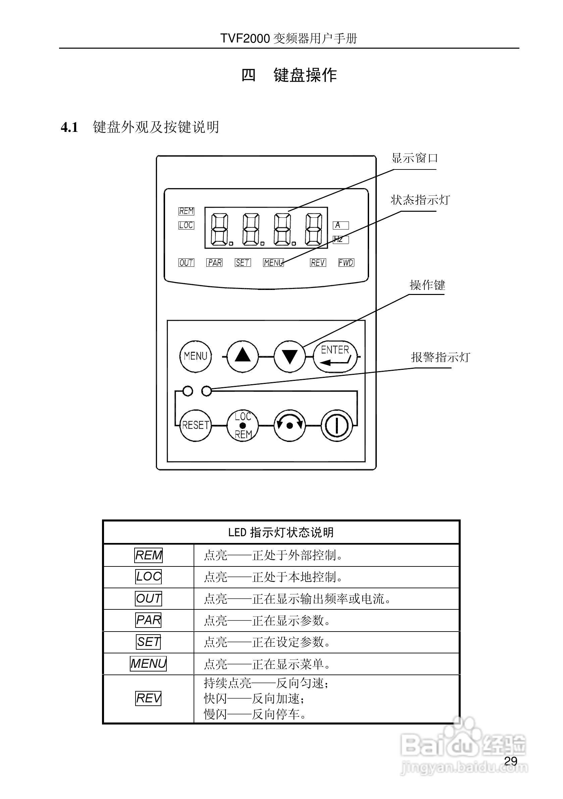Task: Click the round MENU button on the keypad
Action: tap(195, 356)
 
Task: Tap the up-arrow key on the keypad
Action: tap(243, 356)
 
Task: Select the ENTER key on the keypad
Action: tap(335, 356)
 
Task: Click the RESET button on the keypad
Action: tap(195, 425)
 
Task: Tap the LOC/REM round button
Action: tap(243, 425)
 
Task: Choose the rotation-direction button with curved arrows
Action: tap(290, 425)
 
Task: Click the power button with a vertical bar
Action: tap(337, 425)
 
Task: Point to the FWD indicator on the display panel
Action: tap(346, 263)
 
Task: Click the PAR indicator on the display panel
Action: tap(214, 263)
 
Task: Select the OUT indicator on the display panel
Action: tap(186, 263)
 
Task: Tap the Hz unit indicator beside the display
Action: tap(340, 239)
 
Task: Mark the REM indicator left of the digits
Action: tap(186, 211)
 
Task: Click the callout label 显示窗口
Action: tap(414, 158)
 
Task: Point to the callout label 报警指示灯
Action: tap(440, 357)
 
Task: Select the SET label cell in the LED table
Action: tap(148, 642)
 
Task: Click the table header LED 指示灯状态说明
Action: tap(281, 533)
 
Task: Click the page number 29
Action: tap(510, 761)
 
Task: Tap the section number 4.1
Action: tap(69, 128)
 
